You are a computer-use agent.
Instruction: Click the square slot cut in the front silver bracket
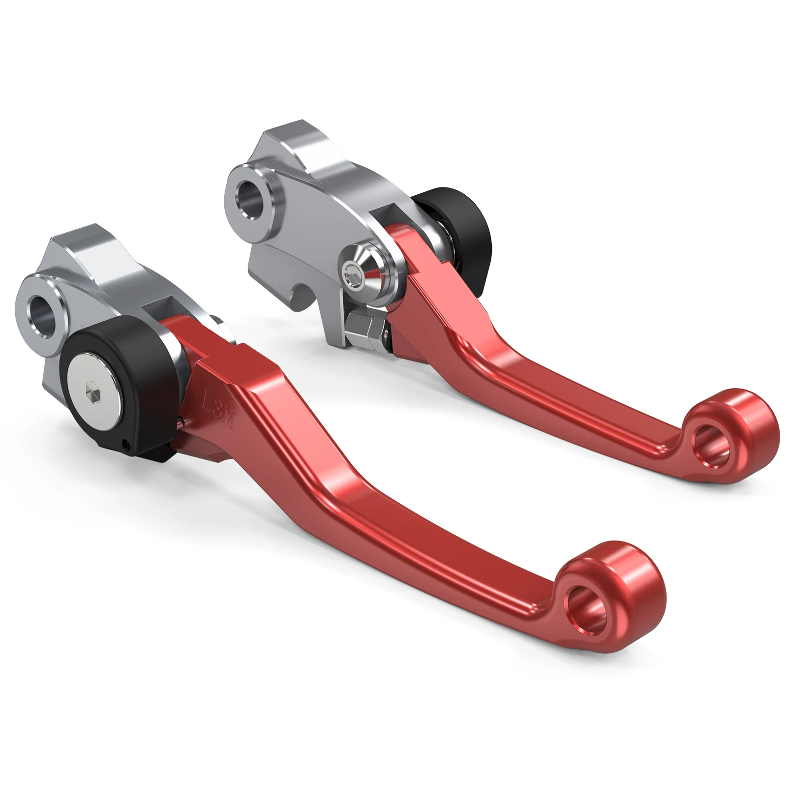pos(162,315)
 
